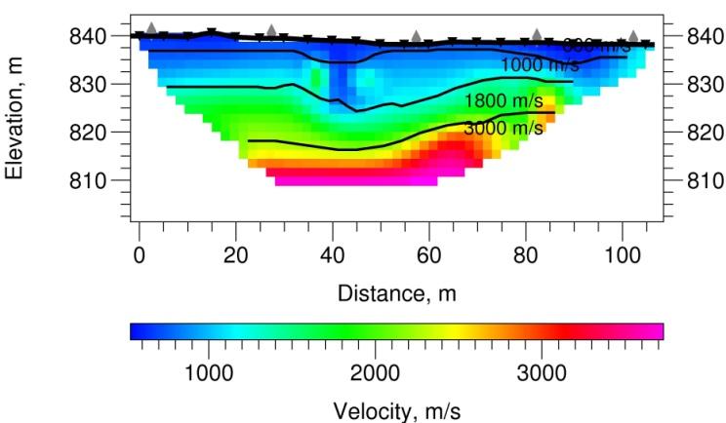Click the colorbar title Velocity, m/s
coord(396,408)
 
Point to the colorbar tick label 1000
coord(207,372)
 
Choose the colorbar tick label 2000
coord(375,372)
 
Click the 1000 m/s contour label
coord(540,64)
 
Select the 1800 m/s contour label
coord(504,101)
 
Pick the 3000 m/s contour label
coord(504,128)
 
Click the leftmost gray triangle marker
coord(151,28)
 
